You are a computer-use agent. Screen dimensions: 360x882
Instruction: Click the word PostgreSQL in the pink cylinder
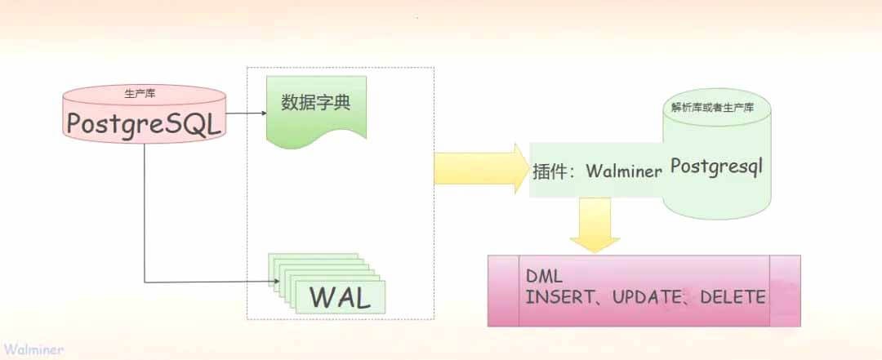pyautogui.click(x=145, y=123)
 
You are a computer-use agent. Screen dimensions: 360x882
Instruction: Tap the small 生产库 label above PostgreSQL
pyautogui.click(x=145, y=94)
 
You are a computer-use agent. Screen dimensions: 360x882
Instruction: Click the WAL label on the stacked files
pyautogui.click(x=340, y=297)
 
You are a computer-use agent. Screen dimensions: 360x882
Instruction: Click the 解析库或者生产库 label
pyautogui.click(x=713, y=107)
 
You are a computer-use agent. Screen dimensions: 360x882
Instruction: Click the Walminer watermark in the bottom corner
pyautogui.click(x=32, y=349)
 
